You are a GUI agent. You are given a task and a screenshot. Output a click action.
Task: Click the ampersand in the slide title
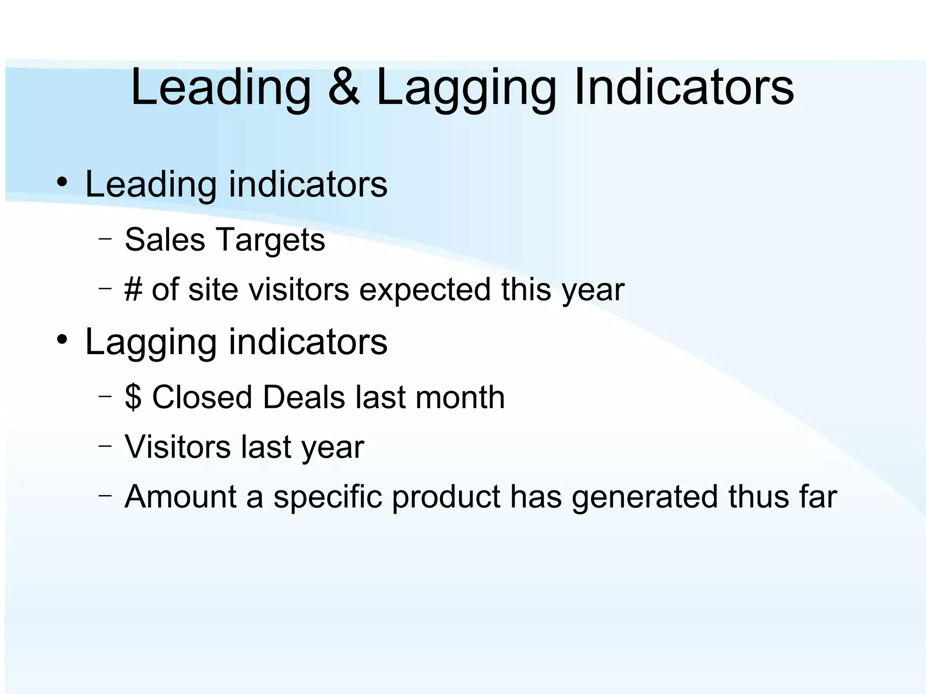pos(344,87)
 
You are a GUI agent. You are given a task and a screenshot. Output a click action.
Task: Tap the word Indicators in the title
pos(684,87)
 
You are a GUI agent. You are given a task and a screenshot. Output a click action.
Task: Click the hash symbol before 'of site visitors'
pos(133,289)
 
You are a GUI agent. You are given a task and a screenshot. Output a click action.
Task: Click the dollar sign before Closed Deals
pos(133,397)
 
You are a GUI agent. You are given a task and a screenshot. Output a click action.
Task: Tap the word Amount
pos(180,496)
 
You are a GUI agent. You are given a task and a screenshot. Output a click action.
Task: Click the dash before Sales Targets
pos(105,238)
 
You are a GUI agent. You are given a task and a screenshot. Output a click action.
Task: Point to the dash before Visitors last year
pos(105,445)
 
